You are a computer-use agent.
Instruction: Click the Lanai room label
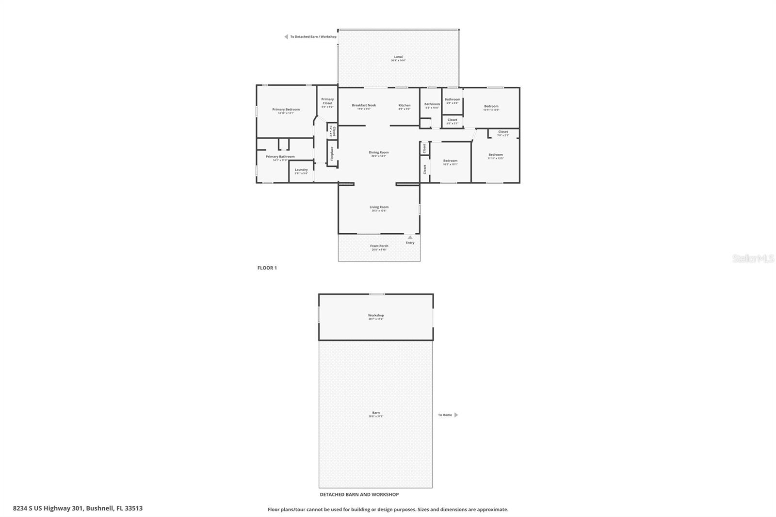pyautogui.click(x=398, y=57)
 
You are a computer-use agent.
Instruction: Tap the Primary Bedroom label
pyautogui.click(x=286, y=110)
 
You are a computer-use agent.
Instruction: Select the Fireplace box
pyautogui.click(x=332, y=153)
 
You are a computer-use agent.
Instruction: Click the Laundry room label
pyautogui.click(x=301, y=170)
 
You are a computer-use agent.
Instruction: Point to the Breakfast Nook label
pyautogui.click(x=364, y=106)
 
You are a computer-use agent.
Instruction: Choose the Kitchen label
pyautogui.click(x=404, y=106)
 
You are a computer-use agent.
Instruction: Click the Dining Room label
pyautogui.click(x=378, y=153)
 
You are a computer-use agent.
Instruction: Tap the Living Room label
pyautogui.click(x=379, y=208)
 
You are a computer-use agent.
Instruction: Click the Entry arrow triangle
pyautogui.click(x=410, y=238)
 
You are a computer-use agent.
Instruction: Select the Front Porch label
pyautogui.click(x=379, y=246)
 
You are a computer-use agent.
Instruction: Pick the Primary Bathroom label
pyautogui.click(x=280, y=157)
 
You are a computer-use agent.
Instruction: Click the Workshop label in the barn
pyautogui.click(x=376, y=316)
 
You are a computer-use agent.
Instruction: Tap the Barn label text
pyautogui.click(x=376, y=413)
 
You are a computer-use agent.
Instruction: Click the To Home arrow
pyautogui.click(x=456, y=415)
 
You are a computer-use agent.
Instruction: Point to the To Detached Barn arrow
pyautogui.click(x=286, y=37)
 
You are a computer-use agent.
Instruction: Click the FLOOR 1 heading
pyautogui.click(x=267, y=268)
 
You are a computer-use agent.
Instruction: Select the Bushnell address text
pyautogui.click(x=78, y=508)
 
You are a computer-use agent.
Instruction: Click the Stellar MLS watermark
pyautogui.click(x=753, y=259)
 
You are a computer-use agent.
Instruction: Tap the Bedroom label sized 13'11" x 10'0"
pyautogui.click(x=491, y=107)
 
